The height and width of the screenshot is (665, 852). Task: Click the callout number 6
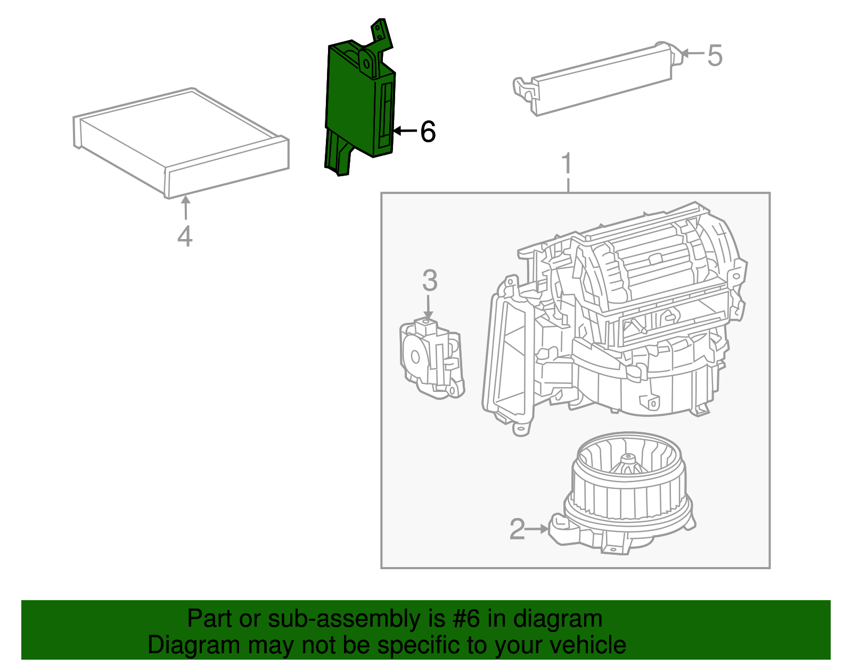(x=428, y=132)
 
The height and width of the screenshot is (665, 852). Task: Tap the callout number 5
(x=715, y=55)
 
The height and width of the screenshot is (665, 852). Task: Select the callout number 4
(x=185, y=236)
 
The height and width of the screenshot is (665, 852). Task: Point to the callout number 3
(x=430, y=281)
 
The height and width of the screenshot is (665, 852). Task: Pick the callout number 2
(x=517, y=529)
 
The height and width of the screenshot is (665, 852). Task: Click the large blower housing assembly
(x=612, y=319)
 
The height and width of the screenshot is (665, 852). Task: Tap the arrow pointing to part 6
(x=405, y=131)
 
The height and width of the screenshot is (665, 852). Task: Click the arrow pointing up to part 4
(x=185, y=208)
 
